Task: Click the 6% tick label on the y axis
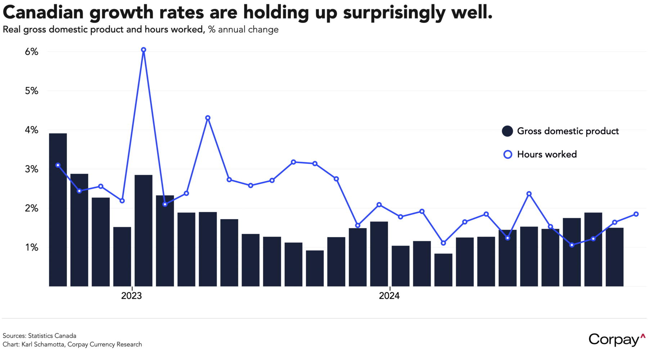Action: click(x=31, y=52)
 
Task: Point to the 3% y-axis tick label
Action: click(x=31, y=169)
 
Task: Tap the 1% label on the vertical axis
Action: click(x=31, y=248)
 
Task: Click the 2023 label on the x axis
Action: click(x=131, y=296)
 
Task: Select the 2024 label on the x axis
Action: click(x=389, y=296)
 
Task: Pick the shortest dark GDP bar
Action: click(x=443, y=270)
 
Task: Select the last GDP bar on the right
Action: click(x=614, y=257)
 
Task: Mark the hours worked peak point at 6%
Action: click(x=144, y=50)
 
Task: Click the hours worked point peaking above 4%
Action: click(x=208, y=118)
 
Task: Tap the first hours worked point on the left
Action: click(x=58, y=165)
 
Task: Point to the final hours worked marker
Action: click(x=636, y=214)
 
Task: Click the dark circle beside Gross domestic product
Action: click(x=507, y=131)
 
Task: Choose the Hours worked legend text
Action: click(x=547, y=154)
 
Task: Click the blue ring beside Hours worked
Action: click(x=508, y=154)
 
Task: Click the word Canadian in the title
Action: click(x=43, y=13)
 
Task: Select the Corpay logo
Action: click(x=617, y=339)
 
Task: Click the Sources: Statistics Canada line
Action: click(x=40, y=336)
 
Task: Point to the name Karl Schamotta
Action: click(x=43, y=345)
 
